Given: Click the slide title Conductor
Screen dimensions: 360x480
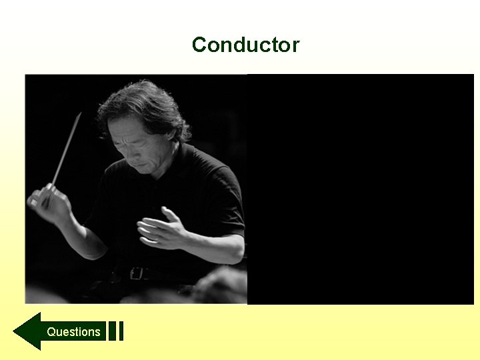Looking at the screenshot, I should (x=245, y=45).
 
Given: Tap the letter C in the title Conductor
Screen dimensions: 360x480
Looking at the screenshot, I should (x=199, y=45).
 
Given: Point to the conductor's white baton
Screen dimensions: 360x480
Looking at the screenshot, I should (x=66, y=151).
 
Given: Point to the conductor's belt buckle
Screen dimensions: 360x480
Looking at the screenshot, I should (x=137, y=273).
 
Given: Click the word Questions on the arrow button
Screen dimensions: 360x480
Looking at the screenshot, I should (x=73, y=331).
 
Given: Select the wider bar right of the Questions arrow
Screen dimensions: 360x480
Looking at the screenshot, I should (x=112, y=331).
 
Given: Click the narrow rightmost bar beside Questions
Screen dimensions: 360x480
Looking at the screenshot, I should (x=121, y=331).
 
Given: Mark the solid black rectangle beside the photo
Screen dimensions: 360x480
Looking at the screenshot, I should (x=360, y=189).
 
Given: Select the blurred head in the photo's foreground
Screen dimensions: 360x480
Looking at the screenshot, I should (x=220, y=287).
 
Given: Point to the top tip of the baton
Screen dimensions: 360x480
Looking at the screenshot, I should (x=80, y=114).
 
